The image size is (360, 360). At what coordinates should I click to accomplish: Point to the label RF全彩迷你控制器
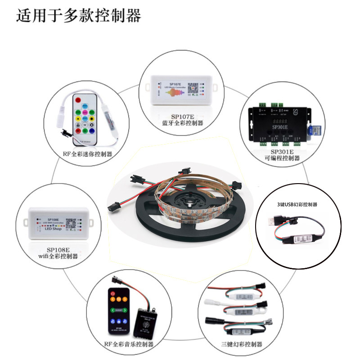click(88, 154)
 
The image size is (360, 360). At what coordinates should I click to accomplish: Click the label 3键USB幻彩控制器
click(297, 204)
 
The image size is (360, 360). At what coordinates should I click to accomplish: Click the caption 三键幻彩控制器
click(242, 344)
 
